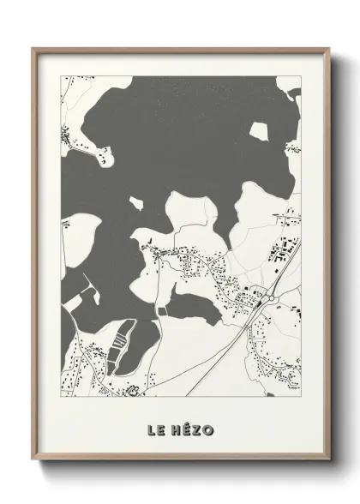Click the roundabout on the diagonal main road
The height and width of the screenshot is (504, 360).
pyautogui.click(x=268, y=297)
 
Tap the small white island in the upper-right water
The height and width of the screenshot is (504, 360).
pyautogui.click(x=260, y=131)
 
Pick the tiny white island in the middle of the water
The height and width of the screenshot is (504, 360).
pyautogui.click(x=135, y=203)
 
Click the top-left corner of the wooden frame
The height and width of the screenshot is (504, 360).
pyautogui.click(x=35, y=49)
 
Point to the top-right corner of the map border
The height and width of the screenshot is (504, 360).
pyautogui.click(x=301, y=76)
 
